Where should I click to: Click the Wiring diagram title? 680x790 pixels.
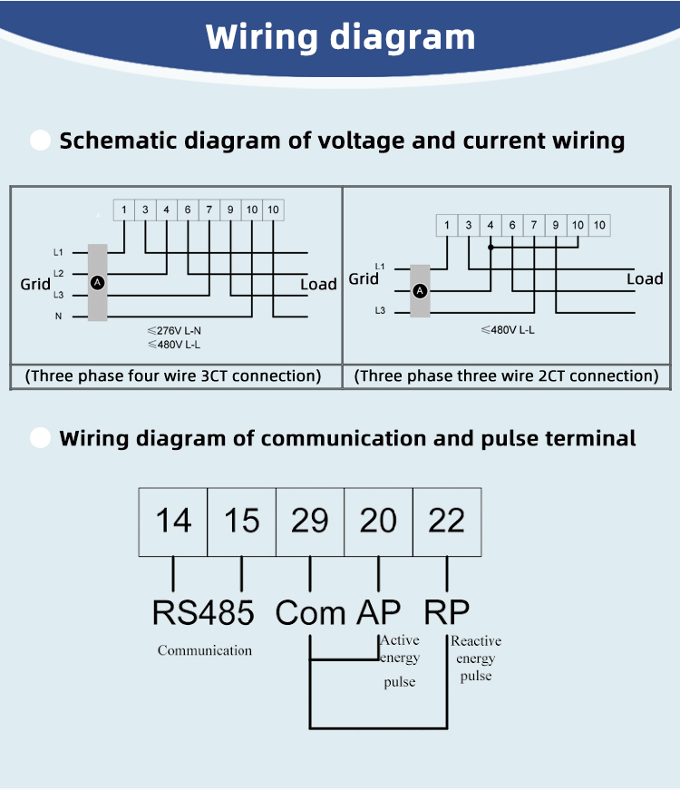click(341, 38)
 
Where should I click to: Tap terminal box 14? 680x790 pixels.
click(173, 522)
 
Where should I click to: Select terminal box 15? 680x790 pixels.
click(241, 522)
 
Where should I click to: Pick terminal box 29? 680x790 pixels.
click(310, 522)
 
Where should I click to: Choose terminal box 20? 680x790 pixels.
click(378, 522)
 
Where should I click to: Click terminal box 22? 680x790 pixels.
click(447, 522)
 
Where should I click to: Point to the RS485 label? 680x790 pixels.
click(203, 612)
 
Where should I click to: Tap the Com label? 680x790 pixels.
click(310, 612)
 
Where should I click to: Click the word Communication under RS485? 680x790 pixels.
click(205, 650)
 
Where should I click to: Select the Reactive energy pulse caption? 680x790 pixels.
click(476, 658)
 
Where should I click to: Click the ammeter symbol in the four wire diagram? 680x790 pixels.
click(97, 283)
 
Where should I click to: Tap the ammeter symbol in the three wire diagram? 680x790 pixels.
click(420, 291)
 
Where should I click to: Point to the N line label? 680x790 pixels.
click(58, 317)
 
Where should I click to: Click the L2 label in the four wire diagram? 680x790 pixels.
click(58, 274)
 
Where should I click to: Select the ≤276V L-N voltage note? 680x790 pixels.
click(174, 330)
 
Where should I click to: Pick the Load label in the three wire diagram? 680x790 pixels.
click(645, 278)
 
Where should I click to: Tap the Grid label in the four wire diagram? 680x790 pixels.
click(35, 284)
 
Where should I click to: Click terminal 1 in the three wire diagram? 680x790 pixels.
click(447, 225)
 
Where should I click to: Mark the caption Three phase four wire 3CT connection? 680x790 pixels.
click(173, 376)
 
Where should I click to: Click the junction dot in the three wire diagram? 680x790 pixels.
click(491, 248)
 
